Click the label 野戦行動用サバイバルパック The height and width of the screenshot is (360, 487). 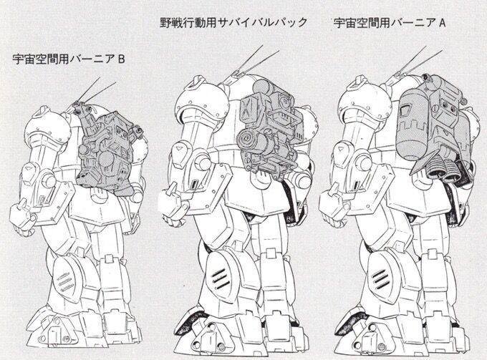pyautogui.click(x=233, y=23)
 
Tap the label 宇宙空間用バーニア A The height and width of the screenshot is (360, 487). pyautogui.click(x=390, y=23)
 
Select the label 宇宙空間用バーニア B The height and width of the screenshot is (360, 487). pyautogui.click(x=69, y=59)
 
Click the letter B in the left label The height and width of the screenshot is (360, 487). pyautogui.click(x=121, y=59)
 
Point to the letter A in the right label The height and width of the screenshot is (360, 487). pyautogui.click(x=442, y=23)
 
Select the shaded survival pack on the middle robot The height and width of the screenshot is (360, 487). pyautogui.click(x=269, y=130)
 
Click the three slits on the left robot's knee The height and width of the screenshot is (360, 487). pyautogui.click(x=64, y=281)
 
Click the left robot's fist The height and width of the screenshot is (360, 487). pyautogui.click(x=21, y=218)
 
